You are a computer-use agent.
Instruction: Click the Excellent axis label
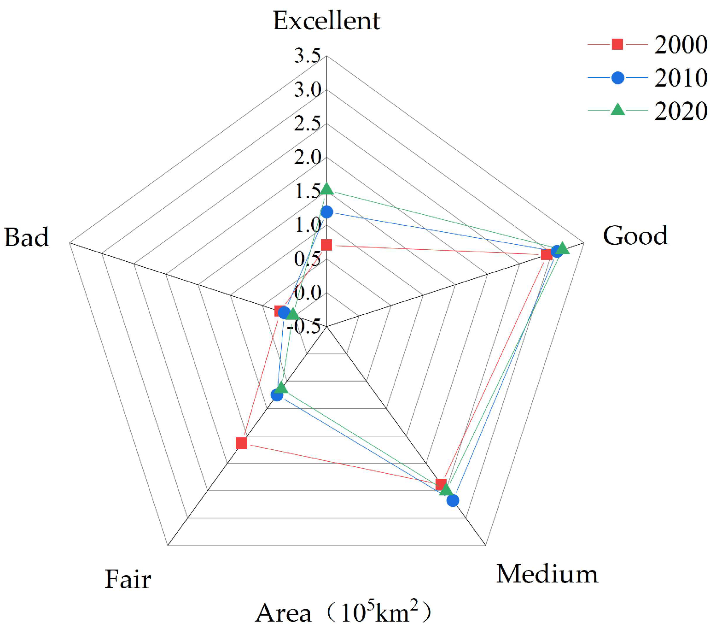tap(326, 21)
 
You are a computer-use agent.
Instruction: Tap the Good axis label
tap(635, 235)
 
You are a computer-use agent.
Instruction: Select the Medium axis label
tap(547, 574)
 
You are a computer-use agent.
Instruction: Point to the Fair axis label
tap(128, 579)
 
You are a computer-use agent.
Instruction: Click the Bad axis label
tap(27, 238)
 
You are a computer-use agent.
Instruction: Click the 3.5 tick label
tap(308, 56)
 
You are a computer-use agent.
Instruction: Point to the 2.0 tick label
tap(308, 157)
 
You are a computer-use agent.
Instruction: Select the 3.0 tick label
tap(308, 90)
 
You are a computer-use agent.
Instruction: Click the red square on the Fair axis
tap(241, 443)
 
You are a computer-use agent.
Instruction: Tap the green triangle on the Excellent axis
tap(326, 189)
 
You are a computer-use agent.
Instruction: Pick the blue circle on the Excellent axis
tap(326, 212)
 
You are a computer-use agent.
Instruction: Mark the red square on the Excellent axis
tap(326, 245)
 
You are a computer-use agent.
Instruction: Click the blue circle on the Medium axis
tap(453, 500)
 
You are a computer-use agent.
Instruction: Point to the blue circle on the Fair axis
tap(277, 395)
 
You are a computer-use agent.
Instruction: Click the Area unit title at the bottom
tap(343, 613)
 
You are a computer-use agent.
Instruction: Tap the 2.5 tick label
tap(308, 123)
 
